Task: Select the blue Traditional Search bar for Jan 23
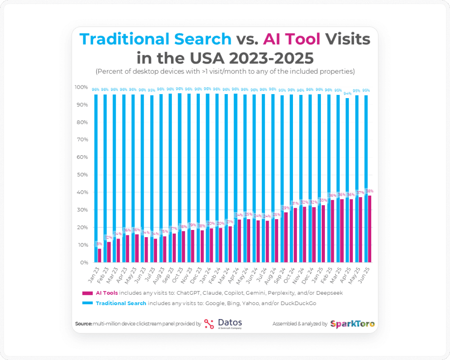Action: click(x=96, y=171)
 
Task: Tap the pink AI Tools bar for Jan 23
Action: click(x=99, y=255)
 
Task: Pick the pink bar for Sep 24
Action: click(x=286, y=237)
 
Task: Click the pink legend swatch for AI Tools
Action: click(x=88, y=293)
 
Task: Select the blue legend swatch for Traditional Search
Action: click(x=88, y=303)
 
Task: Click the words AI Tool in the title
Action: click(x=292, y=40)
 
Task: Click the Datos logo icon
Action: click(x=209, y=324)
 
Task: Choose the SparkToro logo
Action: click(x=352, y=324)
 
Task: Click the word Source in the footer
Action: click(x=83, y=324)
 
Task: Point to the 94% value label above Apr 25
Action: click(x=347, y=94)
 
